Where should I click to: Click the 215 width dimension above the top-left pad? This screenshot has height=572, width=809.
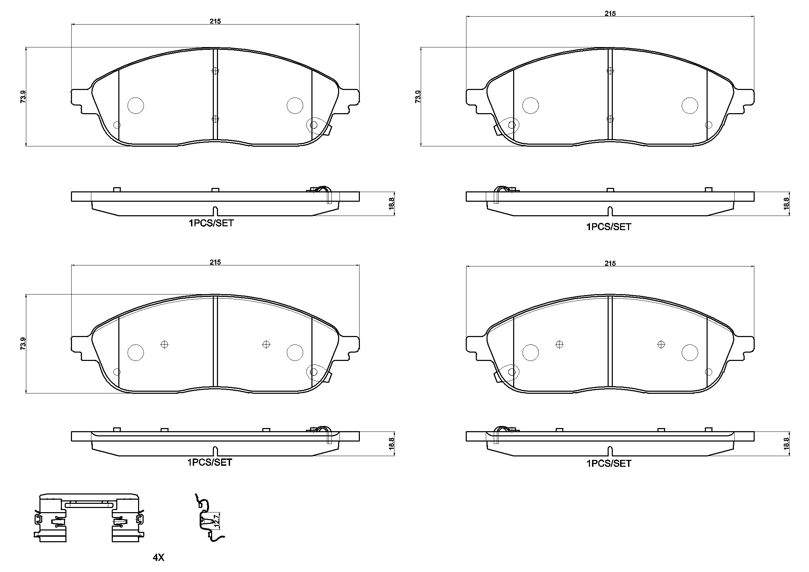(215, 21)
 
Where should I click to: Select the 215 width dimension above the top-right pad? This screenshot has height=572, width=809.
(610, 13)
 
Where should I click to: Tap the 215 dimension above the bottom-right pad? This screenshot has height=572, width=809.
(610, 263)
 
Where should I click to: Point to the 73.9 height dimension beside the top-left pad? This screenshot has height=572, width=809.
(23, 97)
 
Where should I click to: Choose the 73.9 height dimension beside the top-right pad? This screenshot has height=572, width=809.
(418, 97)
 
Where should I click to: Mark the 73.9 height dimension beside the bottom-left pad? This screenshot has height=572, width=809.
(23, 344)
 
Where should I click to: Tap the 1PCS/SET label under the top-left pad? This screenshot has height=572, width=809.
(211, 223)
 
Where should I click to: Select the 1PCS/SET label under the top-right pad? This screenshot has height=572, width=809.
(609, 227)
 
